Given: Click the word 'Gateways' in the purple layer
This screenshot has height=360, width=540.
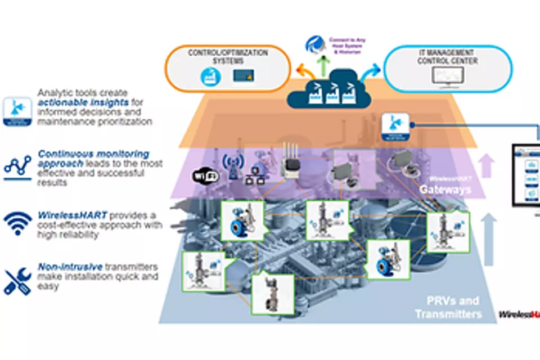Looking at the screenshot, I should [444, 190].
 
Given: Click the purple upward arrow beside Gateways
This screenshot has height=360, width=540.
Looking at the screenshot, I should [487, 166].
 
